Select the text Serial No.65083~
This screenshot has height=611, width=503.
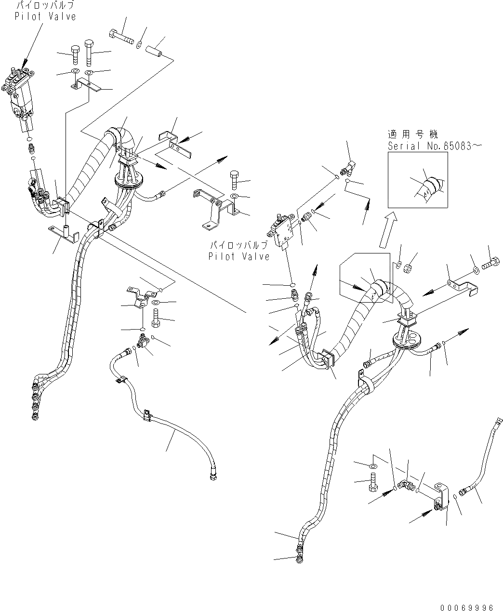coord(434,146)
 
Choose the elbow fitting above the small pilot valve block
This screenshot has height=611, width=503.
coord(345,167)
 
